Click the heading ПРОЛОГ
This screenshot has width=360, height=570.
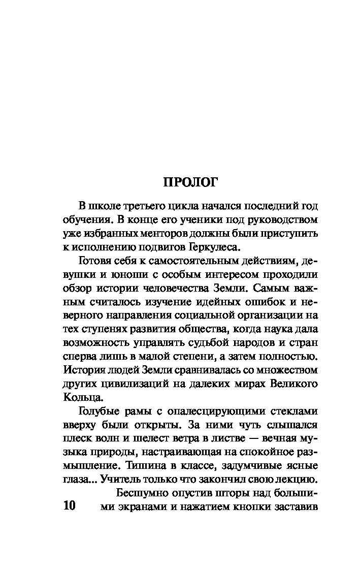pyautogui.click(x=190, y=181)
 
